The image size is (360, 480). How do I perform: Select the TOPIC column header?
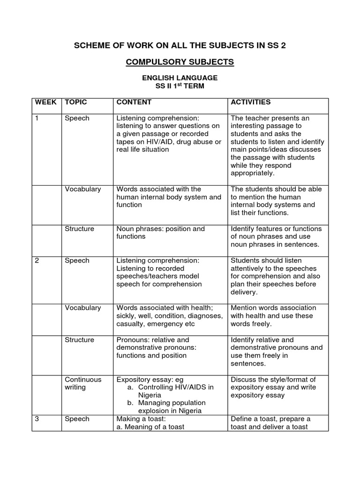pyautogui.click(x=76, y=102)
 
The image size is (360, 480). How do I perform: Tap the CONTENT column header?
pyautogui.click(x=134, y=102)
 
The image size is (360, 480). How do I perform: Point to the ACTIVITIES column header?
pyautogui.click(x=250, y=102)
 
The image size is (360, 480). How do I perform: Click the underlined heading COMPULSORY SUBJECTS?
pyautogui.click(x=180, y=62)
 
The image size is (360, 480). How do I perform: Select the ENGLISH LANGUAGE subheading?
pyautogui.click(x=180, y=77)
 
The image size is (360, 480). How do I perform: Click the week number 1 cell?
pyautogui.click(x=37, y=118)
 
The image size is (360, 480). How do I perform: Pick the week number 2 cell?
pyautogui.click(x=37, y=260)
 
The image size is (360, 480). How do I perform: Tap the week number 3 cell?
pyautogui.click(x=37, y=419)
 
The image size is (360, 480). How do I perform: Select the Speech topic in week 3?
pyautogui.click(x=77, y=419)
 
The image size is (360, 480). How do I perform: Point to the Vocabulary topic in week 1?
pyautogui.click(x=82, y=189)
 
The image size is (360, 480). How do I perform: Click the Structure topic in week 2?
pyautogui.click(x=79, y=339)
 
